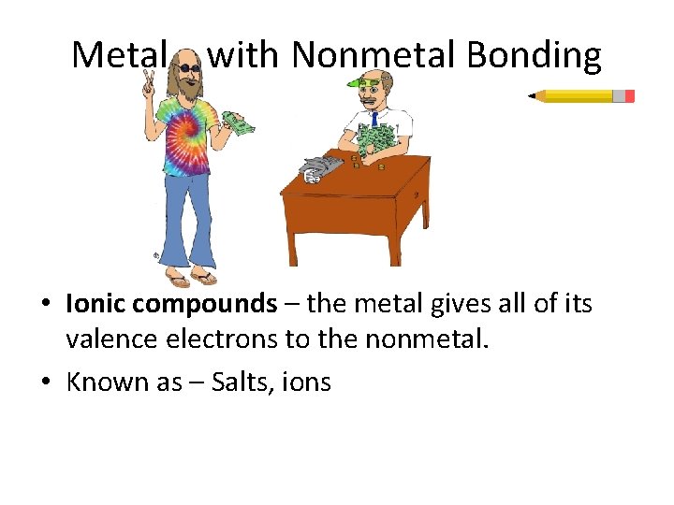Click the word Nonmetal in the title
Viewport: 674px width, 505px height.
(x=374, y=56)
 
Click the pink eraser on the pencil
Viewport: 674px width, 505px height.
(x=629, y=95)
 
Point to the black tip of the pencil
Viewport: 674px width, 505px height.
(x=531, y=95)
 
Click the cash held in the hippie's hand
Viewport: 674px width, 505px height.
(x=238, y=123)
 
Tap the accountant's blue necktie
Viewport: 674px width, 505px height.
(x=374, y=119)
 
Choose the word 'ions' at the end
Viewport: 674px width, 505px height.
(x=312, y=382)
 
